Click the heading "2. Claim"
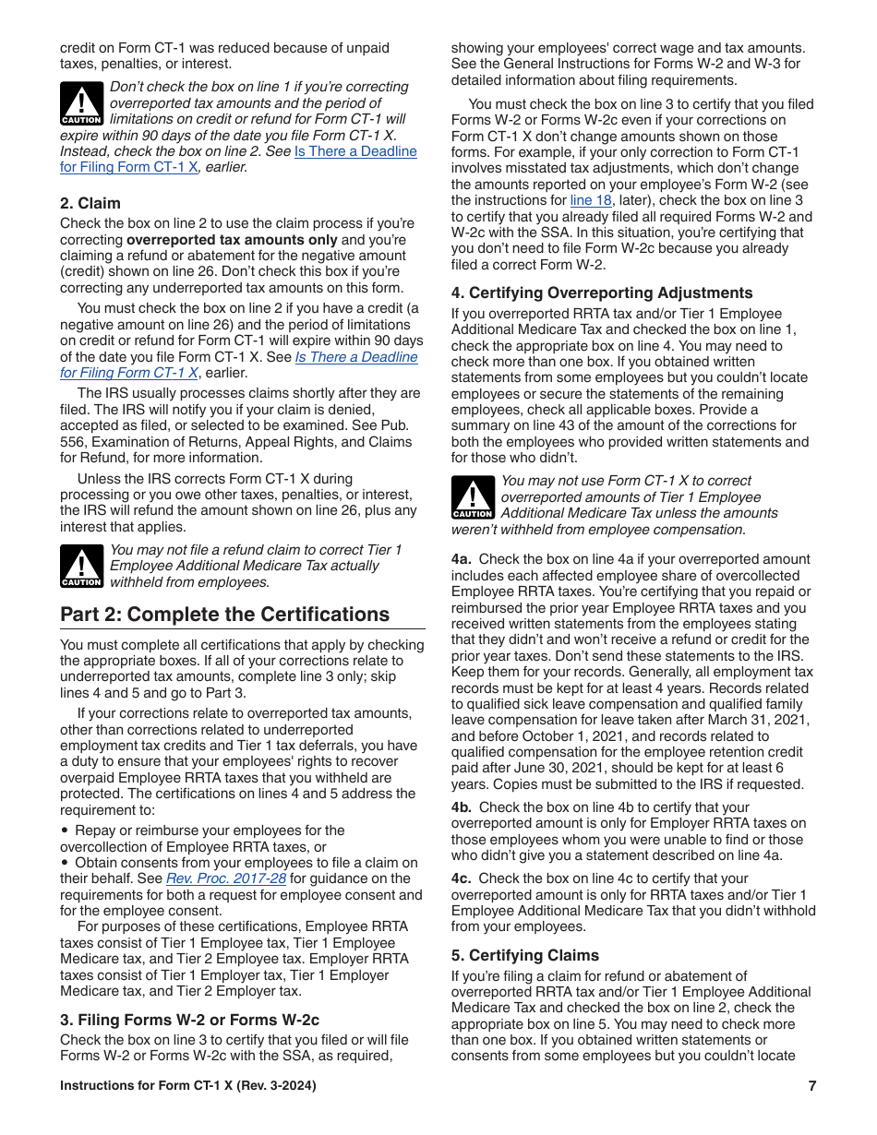tap(90, 203)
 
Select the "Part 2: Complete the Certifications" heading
tap(224, 615)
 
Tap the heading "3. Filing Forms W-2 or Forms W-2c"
tap(189, 1020)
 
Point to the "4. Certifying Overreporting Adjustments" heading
tap(602, 293)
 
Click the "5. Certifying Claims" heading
tap(524, 955)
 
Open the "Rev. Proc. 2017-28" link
tap(225, 878)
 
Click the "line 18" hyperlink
tap(591, 200)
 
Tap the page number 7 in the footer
tap(811, 1086)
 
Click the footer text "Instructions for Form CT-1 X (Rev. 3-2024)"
tap(187, 1086)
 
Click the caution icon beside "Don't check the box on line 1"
tap(81, 104)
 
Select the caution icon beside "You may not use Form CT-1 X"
tap(473, 498)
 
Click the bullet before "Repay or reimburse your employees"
tap(64, 830)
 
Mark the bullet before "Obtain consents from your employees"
tap(64, 863)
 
